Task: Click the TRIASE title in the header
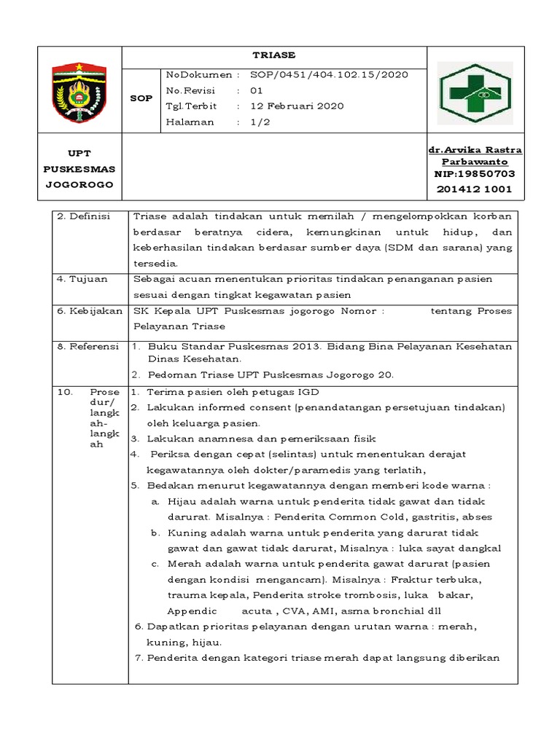tap(274, 55)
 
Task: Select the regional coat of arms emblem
tap(79, 91)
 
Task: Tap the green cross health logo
tap(475, 91)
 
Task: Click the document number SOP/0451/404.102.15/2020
tap(329, 74)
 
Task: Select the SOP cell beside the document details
tap(141, 98)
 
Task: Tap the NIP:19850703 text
tap(475, 174)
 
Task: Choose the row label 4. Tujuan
tap(79, 279)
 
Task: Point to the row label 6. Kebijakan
tap(90, 311)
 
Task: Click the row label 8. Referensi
tap(87, 347)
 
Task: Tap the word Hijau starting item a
tap(182, 501)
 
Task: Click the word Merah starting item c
tap(184, 564)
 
